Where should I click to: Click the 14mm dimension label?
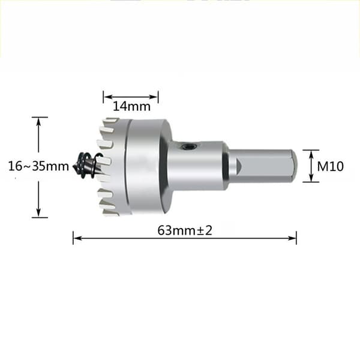[132, 107]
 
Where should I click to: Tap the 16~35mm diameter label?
[38, 166]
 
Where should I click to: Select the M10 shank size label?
[330, 166]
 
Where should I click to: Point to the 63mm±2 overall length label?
[185, 230]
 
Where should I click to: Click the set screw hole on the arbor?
[189, 146]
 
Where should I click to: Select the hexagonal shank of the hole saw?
[262, 166]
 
